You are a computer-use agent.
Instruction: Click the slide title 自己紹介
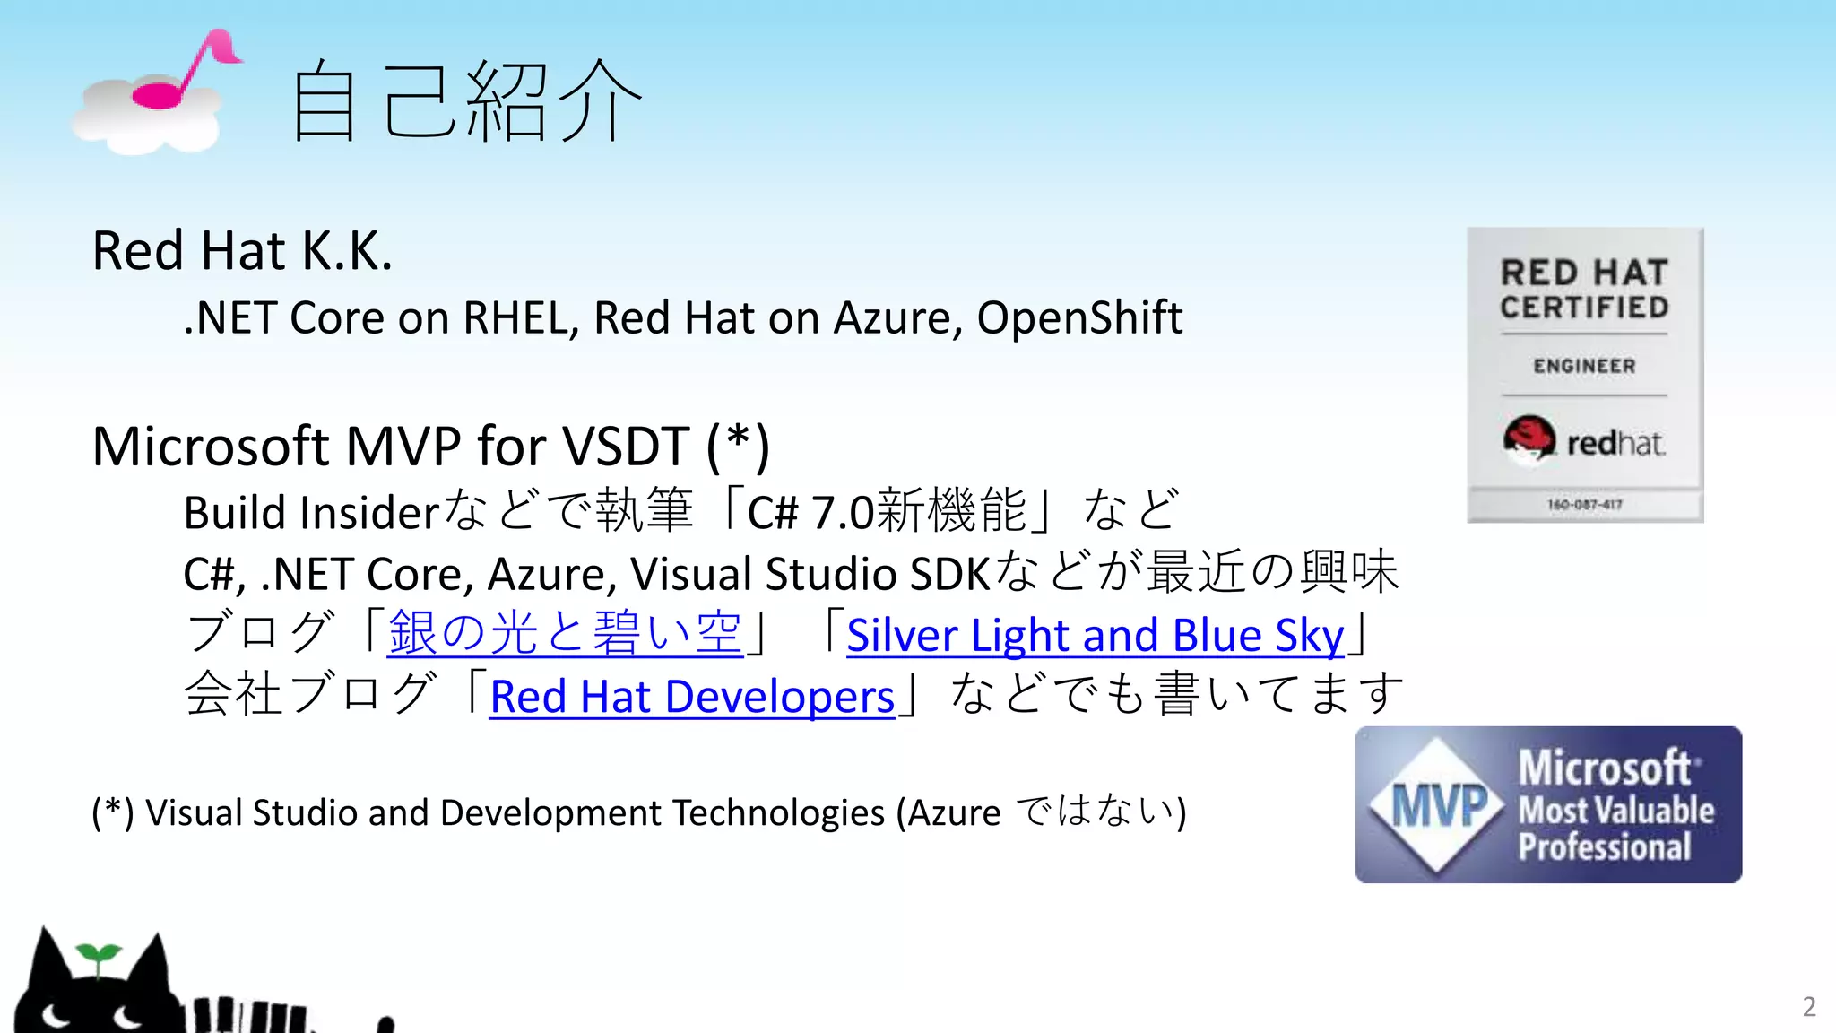[x=466, y=100]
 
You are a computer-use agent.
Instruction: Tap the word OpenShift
[x=1079, y=317]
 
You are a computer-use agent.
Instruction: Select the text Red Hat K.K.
[x=242, y=250]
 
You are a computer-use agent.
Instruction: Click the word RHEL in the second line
[x=520, y=318]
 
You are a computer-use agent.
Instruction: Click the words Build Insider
[x=310, y=513]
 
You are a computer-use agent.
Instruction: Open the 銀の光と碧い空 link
[x=565, y=633]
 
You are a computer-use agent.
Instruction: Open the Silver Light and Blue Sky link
[x=1095, y=636]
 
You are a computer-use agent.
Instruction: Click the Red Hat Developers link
[x=692, y=697]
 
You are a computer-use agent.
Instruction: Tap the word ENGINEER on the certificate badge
[x=1584, y=366]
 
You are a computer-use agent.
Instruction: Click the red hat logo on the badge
[x=1529, y=439]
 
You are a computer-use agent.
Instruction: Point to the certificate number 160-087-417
[x=1584, y=505]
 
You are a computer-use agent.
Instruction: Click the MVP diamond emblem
[x=1438, y=804]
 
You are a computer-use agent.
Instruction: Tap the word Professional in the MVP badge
[x=1605, y=847]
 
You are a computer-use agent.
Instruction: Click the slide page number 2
[x=1809, y=1006]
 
